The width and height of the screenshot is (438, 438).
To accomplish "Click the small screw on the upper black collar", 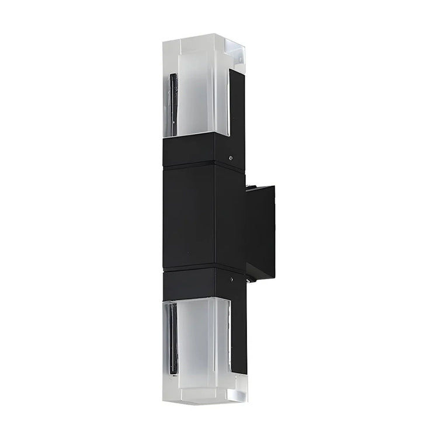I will (x=232, y=157).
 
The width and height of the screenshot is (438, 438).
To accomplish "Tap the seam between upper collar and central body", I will (x=199, y=166).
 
